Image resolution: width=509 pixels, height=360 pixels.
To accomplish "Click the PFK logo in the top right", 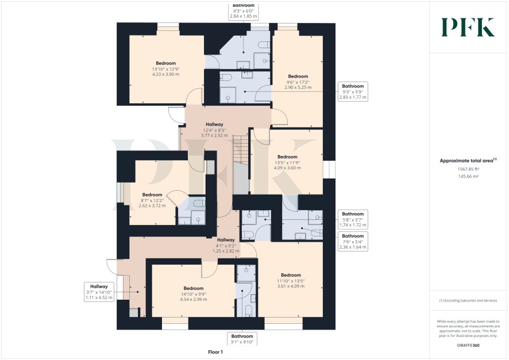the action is pyautogui.click(x=468, y=27).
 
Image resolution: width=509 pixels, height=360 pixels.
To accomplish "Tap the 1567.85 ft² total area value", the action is pyautogui.click(x=468, y=169).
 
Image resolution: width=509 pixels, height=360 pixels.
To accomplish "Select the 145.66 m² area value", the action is pyautogui.click(x=468, y=176).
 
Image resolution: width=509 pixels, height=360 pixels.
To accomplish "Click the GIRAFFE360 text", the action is pyautogui.click(x=468, y=346).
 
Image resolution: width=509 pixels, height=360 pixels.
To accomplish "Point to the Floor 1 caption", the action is pyautogui.click(x=215, y=352).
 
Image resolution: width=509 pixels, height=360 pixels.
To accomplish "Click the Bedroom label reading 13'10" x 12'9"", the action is pyautogui.click(x=165, y=69).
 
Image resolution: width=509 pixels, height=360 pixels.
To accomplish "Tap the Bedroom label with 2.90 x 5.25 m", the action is pyautogui.click(x=298, y=82).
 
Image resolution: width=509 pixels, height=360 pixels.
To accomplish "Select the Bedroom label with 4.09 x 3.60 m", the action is pyautogui.click(x=287, y=162).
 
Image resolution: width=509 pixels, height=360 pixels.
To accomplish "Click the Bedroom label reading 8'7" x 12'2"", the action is pyautogui.click(x=152, y=200).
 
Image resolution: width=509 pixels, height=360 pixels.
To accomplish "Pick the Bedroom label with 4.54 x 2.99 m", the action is pyautogui.click(x=194, y=294).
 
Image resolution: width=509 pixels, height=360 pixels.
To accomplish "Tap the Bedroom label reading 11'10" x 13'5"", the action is pyautogui.click(x=291, y=281).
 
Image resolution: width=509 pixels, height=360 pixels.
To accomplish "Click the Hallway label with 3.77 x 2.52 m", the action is pyautogui.click(x=214, y=130).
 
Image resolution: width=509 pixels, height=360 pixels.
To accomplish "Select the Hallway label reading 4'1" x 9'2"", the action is pyautogui.click(x=226, y=245).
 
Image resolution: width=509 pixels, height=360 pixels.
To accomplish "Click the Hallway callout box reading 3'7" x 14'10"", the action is pyautogui.click(x=99, y=292).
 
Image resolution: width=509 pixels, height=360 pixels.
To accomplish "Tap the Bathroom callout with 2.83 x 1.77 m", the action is pyautogui.click(x=353, y=91).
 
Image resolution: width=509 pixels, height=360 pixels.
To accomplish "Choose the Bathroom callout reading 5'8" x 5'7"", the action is pyautogui.click(x=353, y=219).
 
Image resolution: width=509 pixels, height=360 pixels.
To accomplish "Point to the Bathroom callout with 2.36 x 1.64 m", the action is pyautogui.click(x=353, y=241).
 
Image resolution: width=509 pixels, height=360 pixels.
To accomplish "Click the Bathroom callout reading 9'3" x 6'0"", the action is pyautogui.click(x=244, y=11).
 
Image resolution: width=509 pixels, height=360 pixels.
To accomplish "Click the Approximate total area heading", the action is pyautogui.click(x=468, y=161).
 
